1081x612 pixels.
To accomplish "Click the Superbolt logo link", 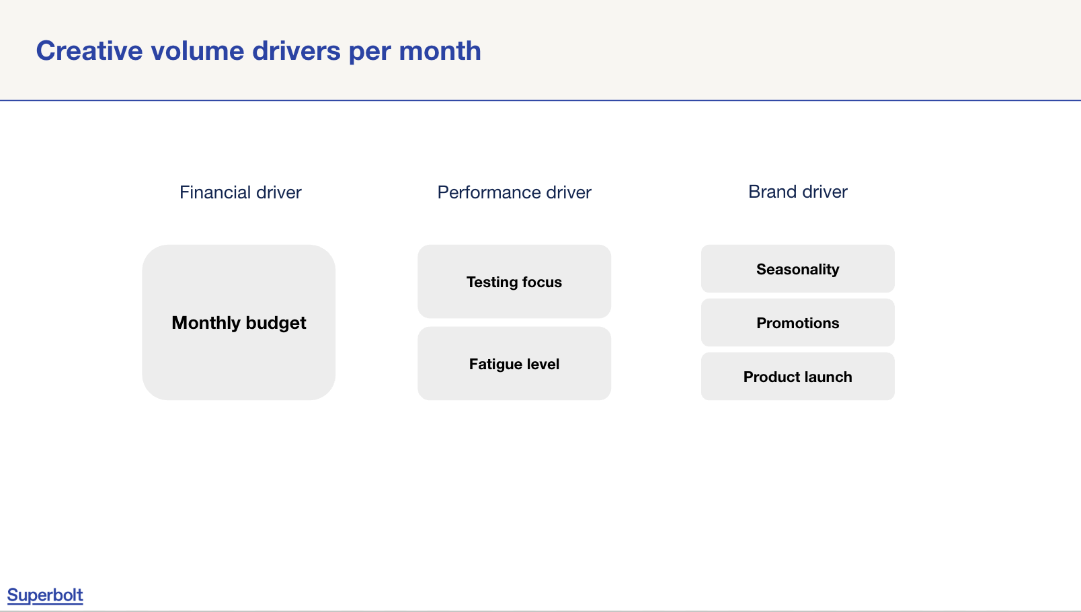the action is coord(45,595).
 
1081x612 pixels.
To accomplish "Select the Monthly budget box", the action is coord(239,322).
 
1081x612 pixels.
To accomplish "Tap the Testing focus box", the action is coord(514,281).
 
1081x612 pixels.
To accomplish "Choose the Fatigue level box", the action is coord(514,363).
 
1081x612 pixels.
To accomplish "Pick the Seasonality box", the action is coord(798,269).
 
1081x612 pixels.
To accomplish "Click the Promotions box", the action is coord(798,322).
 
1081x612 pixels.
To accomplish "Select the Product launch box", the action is coord(798,377).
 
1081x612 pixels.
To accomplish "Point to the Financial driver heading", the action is coord(240,192).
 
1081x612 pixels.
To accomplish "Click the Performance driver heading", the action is coord(514,192).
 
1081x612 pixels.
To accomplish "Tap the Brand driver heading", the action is coord(798,192).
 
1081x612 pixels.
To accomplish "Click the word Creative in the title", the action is coord(89,50).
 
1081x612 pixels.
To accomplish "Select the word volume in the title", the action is coord(198,50).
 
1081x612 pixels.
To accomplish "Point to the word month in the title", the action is coord(440,50).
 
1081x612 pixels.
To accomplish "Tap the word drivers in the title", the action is coord(296,50).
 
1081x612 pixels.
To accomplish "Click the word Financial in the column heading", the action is coord(215,192).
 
